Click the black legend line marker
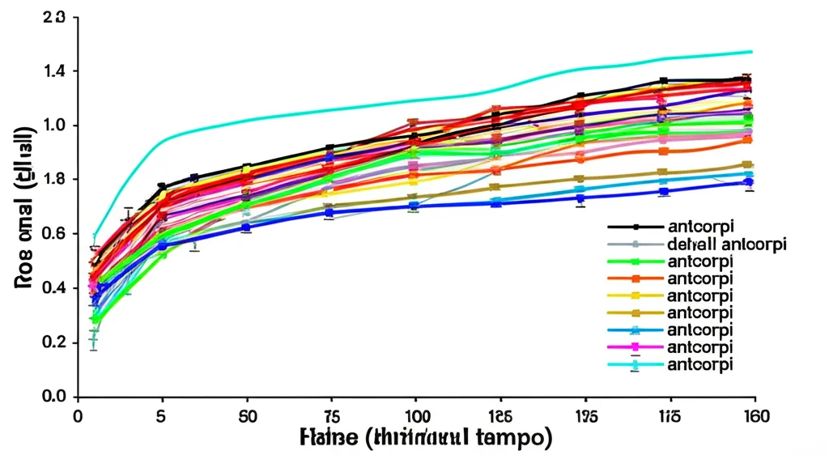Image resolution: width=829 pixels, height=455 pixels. pyautogui.click(x=635, y=227)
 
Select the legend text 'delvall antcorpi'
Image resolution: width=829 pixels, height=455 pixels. pyautogui.click(x=727, y=245)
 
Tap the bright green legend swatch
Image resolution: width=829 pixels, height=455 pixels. pyautogui.click(x=635, y=262)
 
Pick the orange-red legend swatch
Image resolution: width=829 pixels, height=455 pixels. pyautogui.click(x=635, y=279)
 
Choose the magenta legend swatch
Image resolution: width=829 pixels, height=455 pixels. pyautogui.click(x=635, y=347)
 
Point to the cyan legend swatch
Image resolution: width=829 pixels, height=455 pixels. pyautogui.click(x=635, y=364)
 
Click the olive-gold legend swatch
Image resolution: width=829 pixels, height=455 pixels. pyautogui.click(x=635, y=313)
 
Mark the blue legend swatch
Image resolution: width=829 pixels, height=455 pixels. pyautogui.click(x=635, y=330)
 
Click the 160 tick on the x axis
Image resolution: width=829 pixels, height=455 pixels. pyautogui.click(x=755, y=417)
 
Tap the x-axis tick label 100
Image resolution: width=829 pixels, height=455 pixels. pyautogui.click(x=415, y=417)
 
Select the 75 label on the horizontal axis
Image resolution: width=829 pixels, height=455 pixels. pyautogui.click(x=330, y=417)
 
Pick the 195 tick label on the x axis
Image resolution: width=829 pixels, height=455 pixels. pyautogui.click(x=585, y=417)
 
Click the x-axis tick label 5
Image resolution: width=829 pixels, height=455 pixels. pyautogui.click(x=161, y=417)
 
